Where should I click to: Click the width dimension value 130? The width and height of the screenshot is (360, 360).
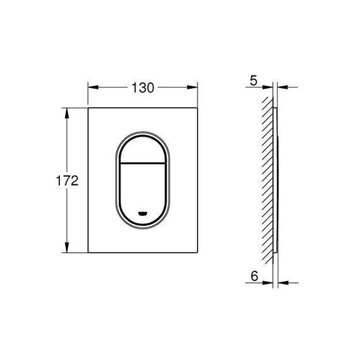pyautogui.click(x=143, y=88)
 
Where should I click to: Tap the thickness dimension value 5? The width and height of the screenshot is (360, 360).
pyautogui.click(x=252, y=81)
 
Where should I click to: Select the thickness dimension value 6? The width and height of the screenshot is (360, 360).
pyautogui.click(x=253, y=276)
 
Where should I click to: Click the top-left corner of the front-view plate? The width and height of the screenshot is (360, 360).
pyautogui.click(x=88, y=107)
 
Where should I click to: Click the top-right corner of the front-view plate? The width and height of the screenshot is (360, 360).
pyautogui.click(x=198, y=107)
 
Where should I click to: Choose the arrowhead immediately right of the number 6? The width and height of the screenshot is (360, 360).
pyautogui.click(x=269, y=282)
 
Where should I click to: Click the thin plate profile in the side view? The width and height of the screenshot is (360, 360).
pyautogui.click(x=277, y=180)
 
